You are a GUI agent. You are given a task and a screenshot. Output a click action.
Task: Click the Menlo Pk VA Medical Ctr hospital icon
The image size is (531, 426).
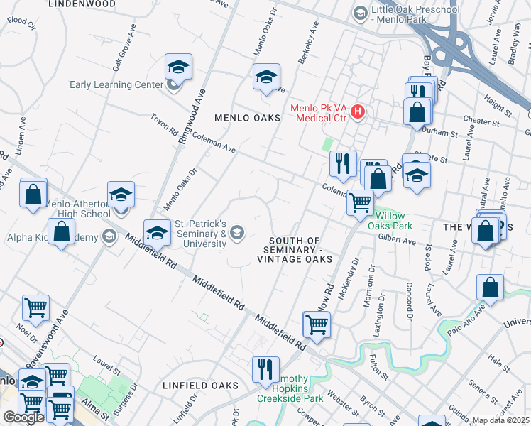click(x=358, y=112)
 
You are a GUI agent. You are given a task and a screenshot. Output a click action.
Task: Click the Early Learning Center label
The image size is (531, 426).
click(x=116, y=85)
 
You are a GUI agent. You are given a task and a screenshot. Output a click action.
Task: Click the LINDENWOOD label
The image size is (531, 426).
click(x=82, y=4)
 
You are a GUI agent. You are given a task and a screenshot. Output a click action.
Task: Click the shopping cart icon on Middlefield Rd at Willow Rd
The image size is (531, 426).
click(x=316, y=324)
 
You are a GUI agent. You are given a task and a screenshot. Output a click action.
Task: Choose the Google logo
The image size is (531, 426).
click(x=23, y=417)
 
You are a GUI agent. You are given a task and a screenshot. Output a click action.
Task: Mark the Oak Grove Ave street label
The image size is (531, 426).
click(x=123, y=47)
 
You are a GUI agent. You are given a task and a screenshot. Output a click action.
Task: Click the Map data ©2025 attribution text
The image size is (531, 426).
click(x=501, y=420)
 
